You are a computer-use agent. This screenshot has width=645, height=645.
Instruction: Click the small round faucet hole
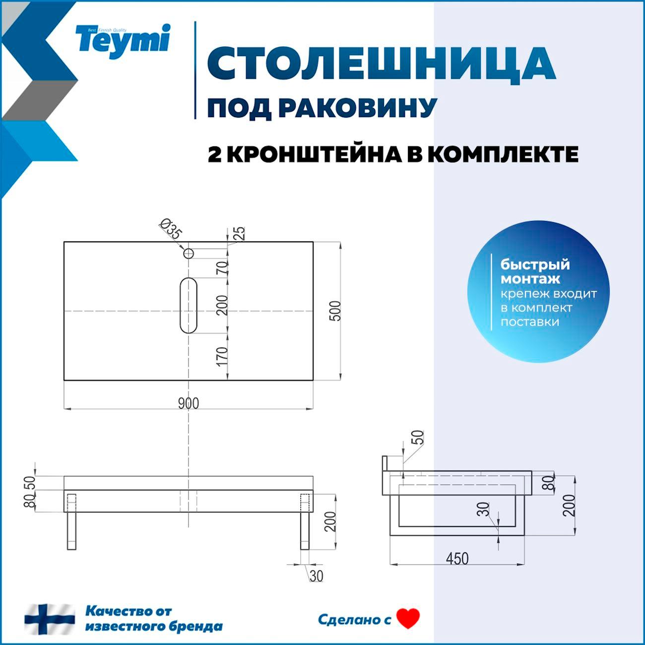(x=189, y=254)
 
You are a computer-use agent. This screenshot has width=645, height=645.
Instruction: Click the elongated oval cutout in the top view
(x=189, y=305)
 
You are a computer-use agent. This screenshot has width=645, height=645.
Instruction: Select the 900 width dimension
(x=188, y=403)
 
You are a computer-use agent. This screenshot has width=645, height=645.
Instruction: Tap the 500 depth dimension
(x=336, y=311)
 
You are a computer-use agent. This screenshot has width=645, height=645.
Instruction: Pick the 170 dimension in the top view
(x=222, y=356)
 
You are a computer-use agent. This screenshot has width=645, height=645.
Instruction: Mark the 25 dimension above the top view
(x=239, y=232)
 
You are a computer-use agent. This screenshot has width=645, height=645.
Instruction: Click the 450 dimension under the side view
(x=457, y=559)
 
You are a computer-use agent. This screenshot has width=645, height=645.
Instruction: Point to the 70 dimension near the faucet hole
(x=222, y=267)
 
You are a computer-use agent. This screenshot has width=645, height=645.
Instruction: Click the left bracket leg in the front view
(x=72, y=521)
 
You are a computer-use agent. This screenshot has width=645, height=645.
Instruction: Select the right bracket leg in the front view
(x=305, y=521)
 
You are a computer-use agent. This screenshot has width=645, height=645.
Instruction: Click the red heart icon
(x=408, y=619)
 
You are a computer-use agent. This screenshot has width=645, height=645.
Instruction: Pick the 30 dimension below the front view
(x=316, y=576)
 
